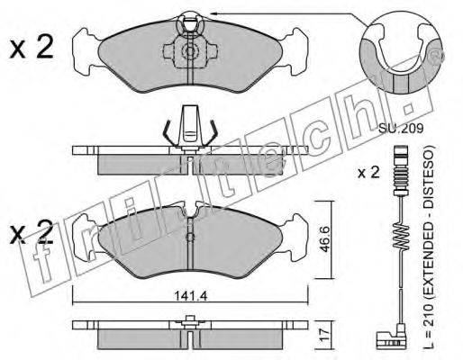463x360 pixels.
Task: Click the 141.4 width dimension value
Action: click(x=191, y=296)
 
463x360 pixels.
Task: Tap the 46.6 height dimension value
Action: click(x=325, y=240)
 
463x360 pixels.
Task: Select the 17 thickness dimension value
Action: click(x=325, y=335)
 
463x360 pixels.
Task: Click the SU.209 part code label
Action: click(x=401, y=129)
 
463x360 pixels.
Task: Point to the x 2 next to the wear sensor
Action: click(x=368, y=173)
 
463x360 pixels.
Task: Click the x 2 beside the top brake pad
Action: click(x=32, y=48)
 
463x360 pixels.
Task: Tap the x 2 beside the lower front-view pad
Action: click(x=32, y=231)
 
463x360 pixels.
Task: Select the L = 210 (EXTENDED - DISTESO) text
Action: click(x=430, y=247)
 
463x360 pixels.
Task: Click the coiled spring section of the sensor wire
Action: click(x=401, y=237)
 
